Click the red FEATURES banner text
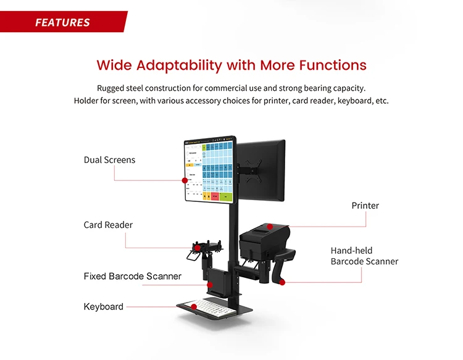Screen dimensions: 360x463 click(62, 23)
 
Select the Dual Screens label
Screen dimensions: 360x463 click(109, 160)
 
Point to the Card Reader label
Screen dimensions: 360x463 click(108, 225)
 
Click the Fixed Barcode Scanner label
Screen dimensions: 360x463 click(133, 276)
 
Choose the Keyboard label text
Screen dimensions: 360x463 click(104, 306)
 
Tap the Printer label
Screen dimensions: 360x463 click(365, 206)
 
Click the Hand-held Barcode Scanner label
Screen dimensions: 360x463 click(364, 256)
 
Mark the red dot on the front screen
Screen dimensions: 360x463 click(184, 180)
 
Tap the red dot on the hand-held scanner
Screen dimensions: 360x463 click(282, 282)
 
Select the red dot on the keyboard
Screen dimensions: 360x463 click(193, 306)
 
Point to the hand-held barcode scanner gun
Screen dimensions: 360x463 click(285, 262)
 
